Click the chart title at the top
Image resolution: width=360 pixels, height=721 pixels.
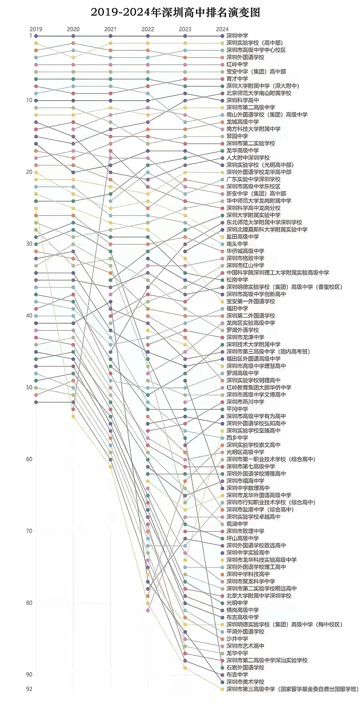coord(175,12)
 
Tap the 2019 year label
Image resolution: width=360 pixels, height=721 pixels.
coord(36,29)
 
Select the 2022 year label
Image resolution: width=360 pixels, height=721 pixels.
coord(148,29)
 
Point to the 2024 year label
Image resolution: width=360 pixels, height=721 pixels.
coord(222,29)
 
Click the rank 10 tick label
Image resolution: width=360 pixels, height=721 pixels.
coord(29,100)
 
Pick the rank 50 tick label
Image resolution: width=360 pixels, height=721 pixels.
coord(29,388)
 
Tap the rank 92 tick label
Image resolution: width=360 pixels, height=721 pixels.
coord(29,689)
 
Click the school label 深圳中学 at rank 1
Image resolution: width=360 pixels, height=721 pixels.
coord(237,36)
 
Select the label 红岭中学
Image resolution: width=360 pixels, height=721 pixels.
coord(237,64)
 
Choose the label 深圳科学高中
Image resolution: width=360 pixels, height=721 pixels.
coord(243,100)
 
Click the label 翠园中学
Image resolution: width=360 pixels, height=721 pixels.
coord(237,136)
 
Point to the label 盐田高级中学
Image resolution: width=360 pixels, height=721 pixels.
coord(243,237)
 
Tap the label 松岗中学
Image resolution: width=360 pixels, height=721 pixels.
coord(237,280)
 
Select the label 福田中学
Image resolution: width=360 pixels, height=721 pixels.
coord(237,308)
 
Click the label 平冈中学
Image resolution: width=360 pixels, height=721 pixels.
coord(237,409)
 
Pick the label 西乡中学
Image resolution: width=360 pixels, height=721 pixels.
coord(237,438)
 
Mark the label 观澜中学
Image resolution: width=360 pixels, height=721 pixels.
coord(237,524)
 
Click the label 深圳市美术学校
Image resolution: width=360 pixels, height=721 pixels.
coord(245,682)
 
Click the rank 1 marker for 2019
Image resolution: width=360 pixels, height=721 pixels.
coord(36,36)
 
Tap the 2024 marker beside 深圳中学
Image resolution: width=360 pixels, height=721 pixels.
coord(222,36)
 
